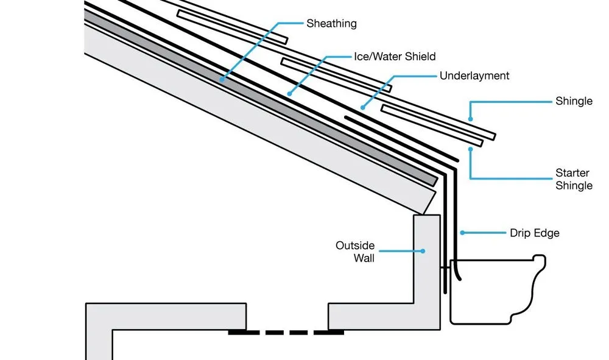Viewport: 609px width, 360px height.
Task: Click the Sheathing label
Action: pos(331,24)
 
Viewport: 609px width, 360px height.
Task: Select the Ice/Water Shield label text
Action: pos(395,57)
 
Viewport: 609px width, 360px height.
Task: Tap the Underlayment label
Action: pos(474,76)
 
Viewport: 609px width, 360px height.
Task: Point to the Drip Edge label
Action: pos(534,233)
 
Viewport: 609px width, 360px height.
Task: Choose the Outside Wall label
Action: pos(355,252)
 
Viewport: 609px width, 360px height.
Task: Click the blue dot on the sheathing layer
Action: pos(222,80)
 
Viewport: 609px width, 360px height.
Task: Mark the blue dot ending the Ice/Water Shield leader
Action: pos(289,94)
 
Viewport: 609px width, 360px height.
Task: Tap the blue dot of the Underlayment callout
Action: pos(363,108)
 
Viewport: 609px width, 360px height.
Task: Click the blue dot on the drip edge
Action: pos(462,232)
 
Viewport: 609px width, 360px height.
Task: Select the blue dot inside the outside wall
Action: pos(424,250)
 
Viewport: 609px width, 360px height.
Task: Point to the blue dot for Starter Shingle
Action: pos(470,148)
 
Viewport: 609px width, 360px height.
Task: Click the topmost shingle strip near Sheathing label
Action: pos(231,26)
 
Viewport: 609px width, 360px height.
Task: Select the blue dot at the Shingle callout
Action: pos(470,118)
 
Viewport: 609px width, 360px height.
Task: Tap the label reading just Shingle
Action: pos(574,101)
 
